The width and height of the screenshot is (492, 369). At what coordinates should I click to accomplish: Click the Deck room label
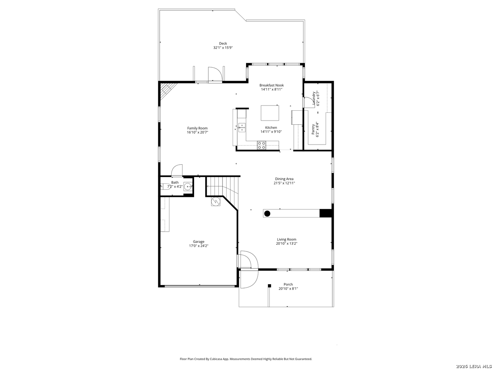pyautogui.click(x=223, y=43)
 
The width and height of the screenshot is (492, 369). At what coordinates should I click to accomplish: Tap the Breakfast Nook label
pyautogui.click(x=271, y=85)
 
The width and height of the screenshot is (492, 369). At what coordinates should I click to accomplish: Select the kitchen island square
pyautogui.click(x=270, y=113)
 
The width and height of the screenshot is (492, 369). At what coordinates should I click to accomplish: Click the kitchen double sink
pyautogui.click(x=242, y=127)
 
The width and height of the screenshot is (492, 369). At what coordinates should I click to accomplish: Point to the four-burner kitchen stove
pyautogui.click(x=261, y=145)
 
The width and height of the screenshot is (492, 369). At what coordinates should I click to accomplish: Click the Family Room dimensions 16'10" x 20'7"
pyautogui.click(x=197, y=132)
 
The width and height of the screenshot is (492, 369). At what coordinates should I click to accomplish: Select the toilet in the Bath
pyautogui.click(x=165, y=186)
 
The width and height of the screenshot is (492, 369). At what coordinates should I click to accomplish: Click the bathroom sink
pyautogui.click(x=188, y=186)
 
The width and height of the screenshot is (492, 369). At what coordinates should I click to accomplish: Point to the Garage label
pyautogui.click(x=199, y=242)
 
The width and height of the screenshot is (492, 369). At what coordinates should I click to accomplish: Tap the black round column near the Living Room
pyautogui.click(x=267, y=214)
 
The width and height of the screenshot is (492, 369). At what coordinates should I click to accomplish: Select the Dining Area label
pyautogui.click(x=284, y=179)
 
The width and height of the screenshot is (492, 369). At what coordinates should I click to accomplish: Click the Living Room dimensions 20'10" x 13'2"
pyautogui.click(x=286, y=243)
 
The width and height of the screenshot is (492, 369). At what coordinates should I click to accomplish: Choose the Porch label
pyautogui.click(x=288, y=284)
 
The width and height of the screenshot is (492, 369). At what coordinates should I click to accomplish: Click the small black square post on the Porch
pyautogui.click(x=270, y=286)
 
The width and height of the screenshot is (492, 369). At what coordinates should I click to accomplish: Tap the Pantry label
pyautogui.click(x=313, y=129)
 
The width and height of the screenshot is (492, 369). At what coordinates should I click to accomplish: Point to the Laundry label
pyautogui.click(x=314, y=98)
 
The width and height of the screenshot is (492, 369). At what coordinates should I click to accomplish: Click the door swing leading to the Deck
pyautogui.click(x=215, y=74)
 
